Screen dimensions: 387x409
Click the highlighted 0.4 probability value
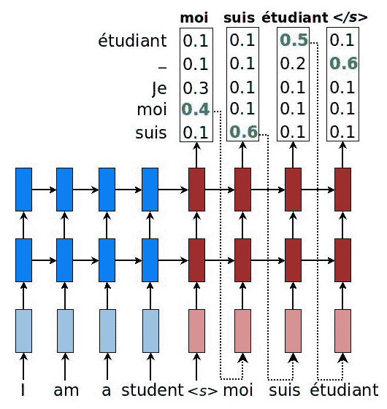tap(196, 109)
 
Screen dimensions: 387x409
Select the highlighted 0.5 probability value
tap(294, 40)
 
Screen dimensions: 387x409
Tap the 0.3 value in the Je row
tap(196, 88)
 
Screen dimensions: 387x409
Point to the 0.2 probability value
tap(293, 63)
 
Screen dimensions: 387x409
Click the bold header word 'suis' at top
tap(239, 17)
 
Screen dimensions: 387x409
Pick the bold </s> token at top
tap(350, 17)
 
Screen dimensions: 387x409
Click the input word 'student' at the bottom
tap(153, 390)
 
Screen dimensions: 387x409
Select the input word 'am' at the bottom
tap(66, 391)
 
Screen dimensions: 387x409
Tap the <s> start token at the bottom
tap(202, 392)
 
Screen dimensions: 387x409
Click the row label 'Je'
tap(159, 89)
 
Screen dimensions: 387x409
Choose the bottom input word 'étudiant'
tap(344, 390)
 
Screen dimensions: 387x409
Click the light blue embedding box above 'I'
tap(24, 331)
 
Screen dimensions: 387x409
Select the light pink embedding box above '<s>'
tap(196, 331)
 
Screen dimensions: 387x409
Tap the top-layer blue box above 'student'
tap(150, 190)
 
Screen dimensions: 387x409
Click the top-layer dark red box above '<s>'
tap(196, 190)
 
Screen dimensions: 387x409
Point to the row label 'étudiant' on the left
tap(132, 41)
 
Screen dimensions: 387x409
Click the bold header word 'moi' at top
tap(194, 17)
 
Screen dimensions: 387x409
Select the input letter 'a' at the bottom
tap(107, 391)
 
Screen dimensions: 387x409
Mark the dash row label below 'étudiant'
tap(163, 69)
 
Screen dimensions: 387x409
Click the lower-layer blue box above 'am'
tap(65, 260)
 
